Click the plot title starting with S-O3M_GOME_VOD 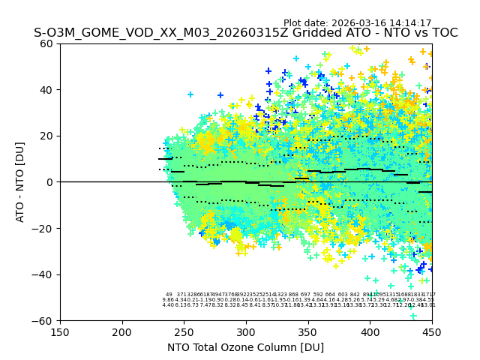tap(245, 33)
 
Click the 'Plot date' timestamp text tap(357, 23)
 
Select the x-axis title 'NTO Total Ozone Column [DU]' tap(245, 347)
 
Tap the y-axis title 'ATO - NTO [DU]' tap(20, 182)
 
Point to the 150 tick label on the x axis tap(60, 331)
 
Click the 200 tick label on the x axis tap(122, 331)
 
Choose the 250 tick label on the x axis tap(184, 331)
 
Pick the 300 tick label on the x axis tap(246, 331)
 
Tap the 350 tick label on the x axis tap(307, 331)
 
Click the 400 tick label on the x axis tap(370, 331)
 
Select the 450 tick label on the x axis tap(431, 331)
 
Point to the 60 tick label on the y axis tap(47, 43)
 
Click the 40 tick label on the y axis tap(47, 90)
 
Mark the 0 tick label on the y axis tap(50, 182)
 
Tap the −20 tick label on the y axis tap(44, 228)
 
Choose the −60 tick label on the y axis tap(44, 320)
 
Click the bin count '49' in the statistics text tap(169, 295)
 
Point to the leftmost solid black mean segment tap(165, 159)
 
